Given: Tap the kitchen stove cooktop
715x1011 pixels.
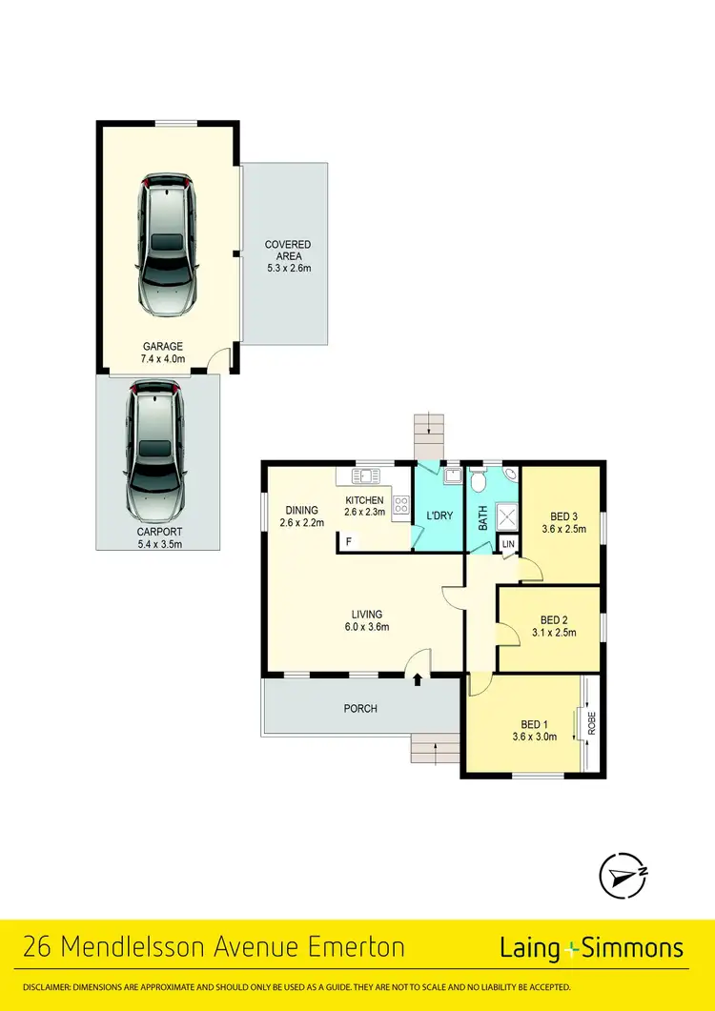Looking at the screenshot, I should click(399, 506).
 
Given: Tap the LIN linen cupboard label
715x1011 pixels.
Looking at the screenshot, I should click(508, 543).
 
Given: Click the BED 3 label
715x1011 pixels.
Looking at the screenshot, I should click(560, 523).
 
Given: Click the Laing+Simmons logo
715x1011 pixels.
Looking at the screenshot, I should click(591, 948).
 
